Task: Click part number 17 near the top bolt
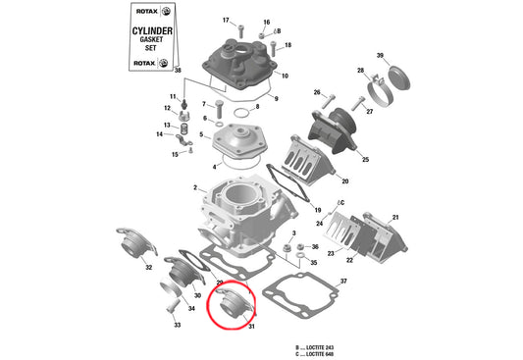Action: coord(225,21)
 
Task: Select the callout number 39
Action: coord(381,55)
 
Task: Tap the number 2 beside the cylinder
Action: coord(195,187)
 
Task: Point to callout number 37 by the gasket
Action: coord(343,282)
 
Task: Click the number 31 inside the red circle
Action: coord(251,326)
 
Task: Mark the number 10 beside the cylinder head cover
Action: coord(285,76)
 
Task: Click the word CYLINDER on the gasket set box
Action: coord(154,31)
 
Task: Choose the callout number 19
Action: coord(317,211)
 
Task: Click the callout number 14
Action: coord(159,134)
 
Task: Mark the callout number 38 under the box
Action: coord(178,71)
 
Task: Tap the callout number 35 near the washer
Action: coord(314,263)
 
